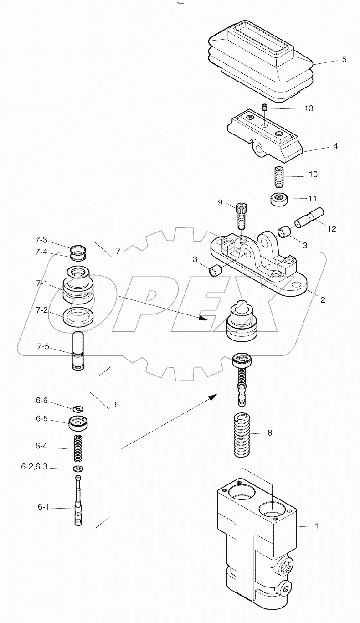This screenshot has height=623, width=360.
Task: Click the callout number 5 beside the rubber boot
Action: [x=344, y=59]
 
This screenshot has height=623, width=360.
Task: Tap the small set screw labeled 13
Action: [x=264, y=108]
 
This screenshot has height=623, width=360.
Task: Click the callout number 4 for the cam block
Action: [x=335, y=146]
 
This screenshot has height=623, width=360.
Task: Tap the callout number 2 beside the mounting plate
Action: [x=322, y=300]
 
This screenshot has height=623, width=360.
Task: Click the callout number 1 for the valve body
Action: [x=316, y=525]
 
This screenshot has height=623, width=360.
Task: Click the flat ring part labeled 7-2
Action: [x=78, y=317]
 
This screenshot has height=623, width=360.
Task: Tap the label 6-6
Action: [x=42, y=400]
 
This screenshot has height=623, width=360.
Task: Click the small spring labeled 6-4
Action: [x=78, y=448]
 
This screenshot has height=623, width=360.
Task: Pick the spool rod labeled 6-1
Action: [x=79, y=506]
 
